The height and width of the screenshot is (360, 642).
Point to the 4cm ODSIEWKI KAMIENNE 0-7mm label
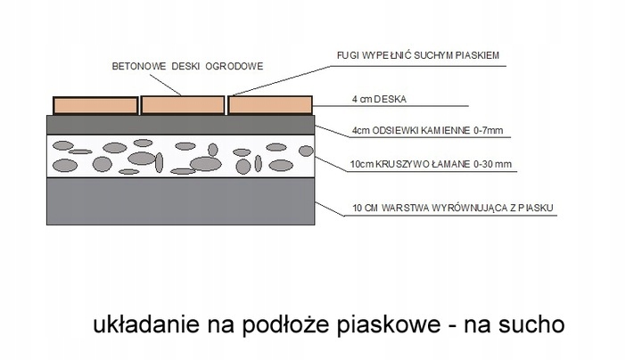428,131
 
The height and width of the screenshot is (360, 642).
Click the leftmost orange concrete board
95,105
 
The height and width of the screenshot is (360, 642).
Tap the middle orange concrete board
183,105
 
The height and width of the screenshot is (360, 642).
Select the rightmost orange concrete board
271,105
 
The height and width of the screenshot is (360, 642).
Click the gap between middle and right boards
227,105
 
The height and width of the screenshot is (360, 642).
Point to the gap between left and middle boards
140,105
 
